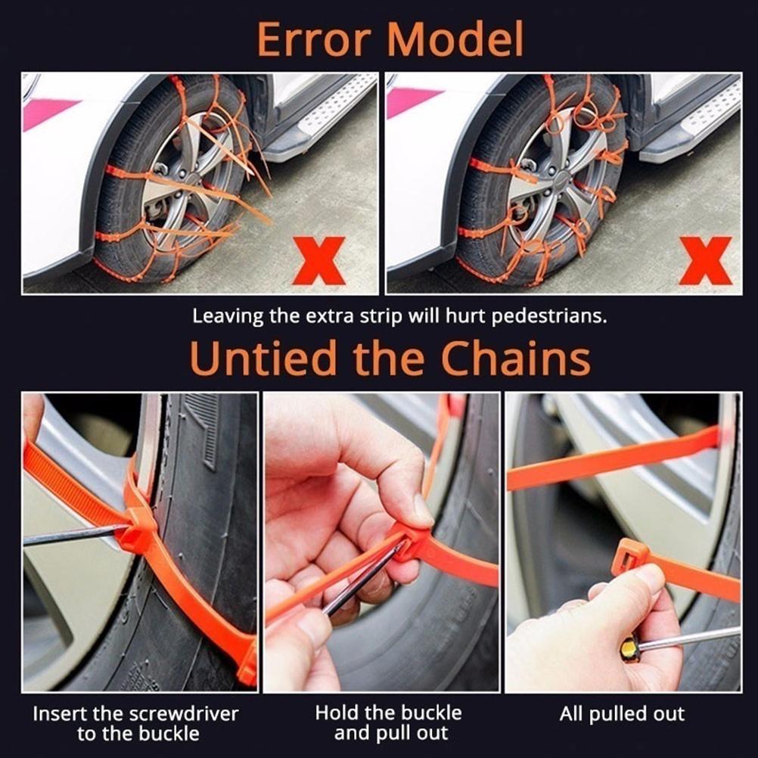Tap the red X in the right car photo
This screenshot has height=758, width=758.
pyautogui.click(x=704, y=260)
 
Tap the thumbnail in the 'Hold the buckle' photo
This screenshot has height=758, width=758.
pyautogui.click(x=421, y=511)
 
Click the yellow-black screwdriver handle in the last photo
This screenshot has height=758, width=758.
pyautogui.click(x=630, y=650)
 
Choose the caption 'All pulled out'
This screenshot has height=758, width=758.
pyautogui.click(x=622, y=714)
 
